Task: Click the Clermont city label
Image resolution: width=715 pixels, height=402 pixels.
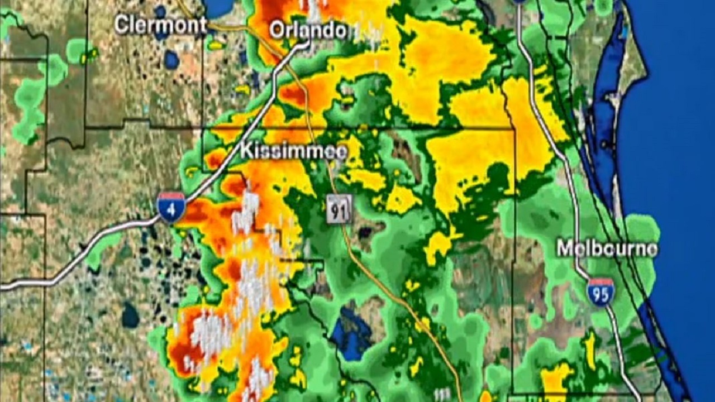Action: pyautogui.click(x=160, y=25)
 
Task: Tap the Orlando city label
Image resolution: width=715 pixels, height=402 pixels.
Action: pyautogui.click(x=308, y=30)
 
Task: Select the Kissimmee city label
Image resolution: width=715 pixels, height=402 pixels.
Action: pyautogui.click(x=294, y=151)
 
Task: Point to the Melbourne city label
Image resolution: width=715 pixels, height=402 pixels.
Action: pyautogui.click(x=607, y=249)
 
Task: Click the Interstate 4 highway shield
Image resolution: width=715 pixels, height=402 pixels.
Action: pyautogui.click(x=171, y=207)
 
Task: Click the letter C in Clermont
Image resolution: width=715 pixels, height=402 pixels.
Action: pyautogui.click(x=121, y=25)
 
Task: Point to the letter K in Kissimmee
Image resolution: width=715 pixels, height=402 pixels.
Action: pyautogui.click(x=247, y=151)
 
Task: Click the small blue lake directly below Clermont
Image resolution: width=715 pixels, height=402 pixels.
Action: pyautogui.click(x=171, y=59)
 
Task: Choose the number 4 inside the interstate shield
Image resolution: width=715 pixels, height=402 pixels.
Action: pyautogui.click(x=171, y=209)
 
